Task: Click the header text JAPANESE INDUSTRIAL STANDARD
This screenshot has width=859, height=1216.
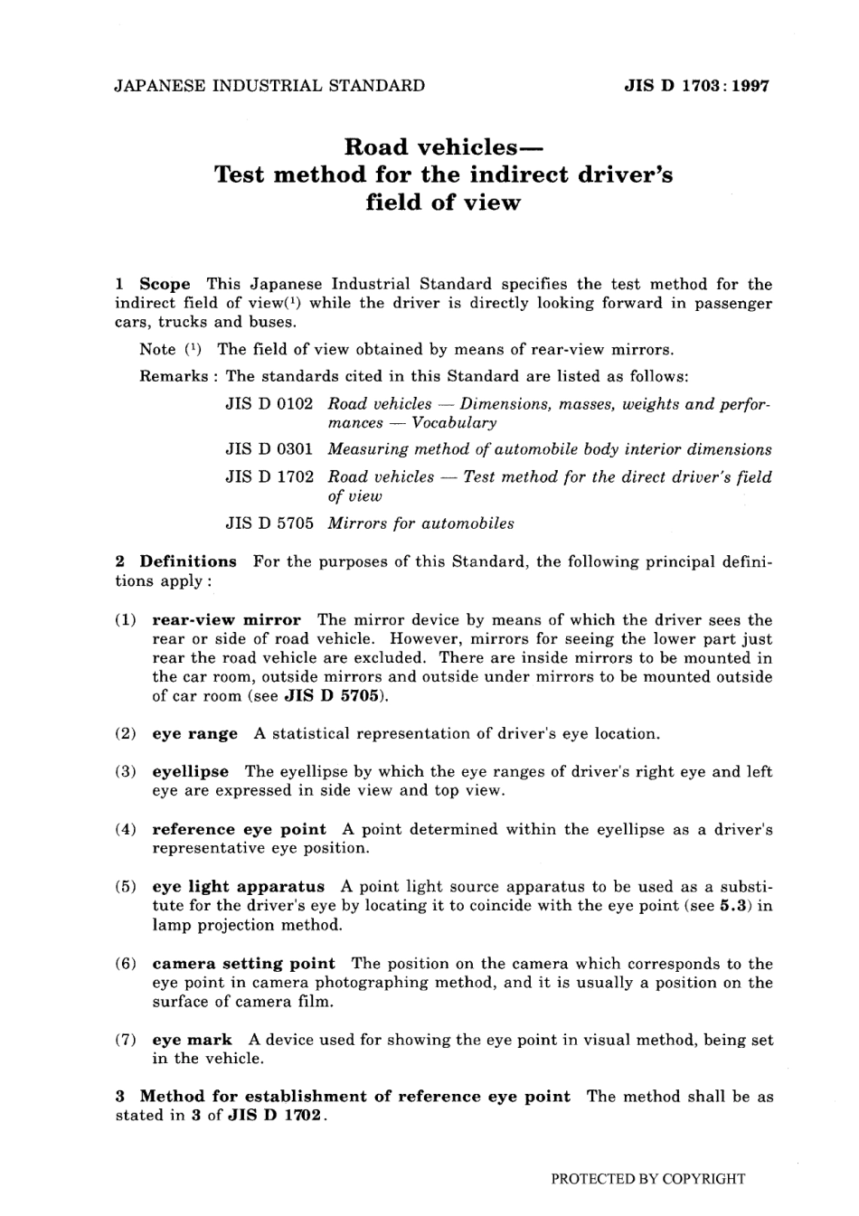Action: coord(269,87)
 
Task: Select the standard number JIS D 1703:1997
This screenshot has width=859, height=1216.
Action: coord(696,87)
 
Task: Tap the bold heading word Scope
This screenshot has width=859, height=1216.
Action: coord(165,284)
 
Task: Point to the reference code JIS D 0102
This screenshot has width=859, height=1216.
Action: coord(269,404)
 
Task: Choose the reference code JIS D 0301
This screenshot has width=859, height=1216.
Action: coord(269,449)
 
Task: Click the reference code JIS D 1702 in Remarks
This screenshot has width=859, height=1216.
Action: coord(269,476)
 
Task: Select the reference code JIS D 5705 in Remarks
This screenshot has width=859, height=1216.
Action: coord(269,523)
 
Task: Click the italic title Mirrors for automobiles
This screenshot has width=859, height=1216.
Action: coord(420,523)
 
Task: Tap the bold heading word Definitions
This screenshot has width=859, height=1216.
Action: coord(188,561)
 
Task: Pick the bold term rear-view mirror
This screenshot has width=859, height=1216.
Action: coord(226,620)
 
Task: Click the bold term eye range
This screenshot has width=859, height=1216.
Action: coord(194,734)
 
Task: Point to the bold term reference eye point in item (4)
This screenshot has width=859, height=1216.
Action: coord(239,829)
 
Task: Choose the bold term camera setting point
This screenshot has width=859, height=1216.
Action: coord(243,964)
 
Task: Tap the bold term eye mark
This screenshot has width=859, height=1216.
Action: coord(192,1040)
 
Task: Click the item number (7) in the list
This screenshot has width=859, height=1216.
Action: coord(127,1040)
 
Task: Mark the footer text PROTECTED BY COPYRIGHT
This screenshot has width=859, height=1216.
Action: coord(647,1179)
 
